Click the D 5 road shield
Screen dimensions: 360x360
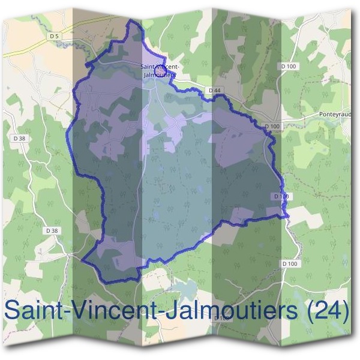point(55,37)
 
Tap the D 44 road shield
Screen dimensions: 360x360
point(216,90)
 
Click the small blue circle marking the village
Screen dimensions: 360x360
point(160,71)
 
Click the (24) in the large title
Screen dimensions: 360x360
point(328,311)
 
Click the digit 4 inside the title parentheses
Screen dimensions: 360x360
point(332,311)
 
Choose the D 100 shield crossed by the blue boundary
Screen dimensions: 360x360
point(282,196)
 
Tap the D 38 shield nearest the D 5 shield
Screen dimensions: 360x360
point(22,139)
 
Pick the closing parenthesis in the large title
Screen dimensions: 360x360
point(344,311)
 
